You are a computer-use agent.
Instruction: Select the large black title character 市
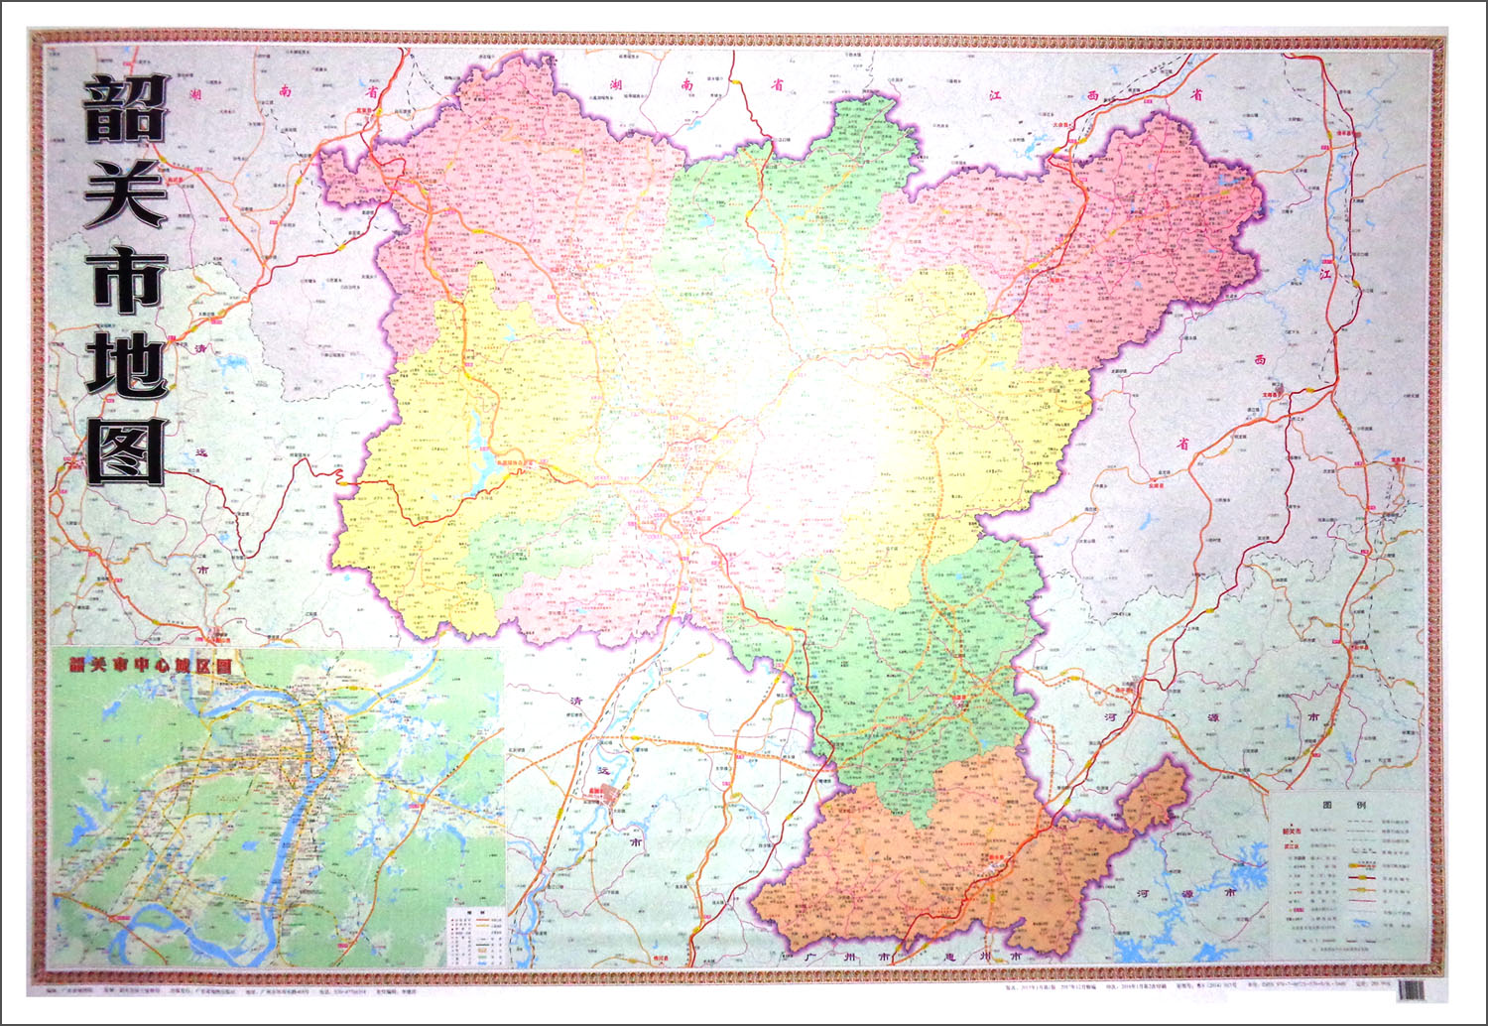125,279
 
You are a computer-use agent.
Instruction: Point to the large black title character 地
125,364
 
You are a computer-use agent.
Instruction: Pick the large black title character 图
126,450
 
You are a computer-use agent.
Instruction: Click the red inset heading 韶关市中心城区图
150,665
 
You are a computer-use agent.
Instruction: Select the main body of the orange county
923,863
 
